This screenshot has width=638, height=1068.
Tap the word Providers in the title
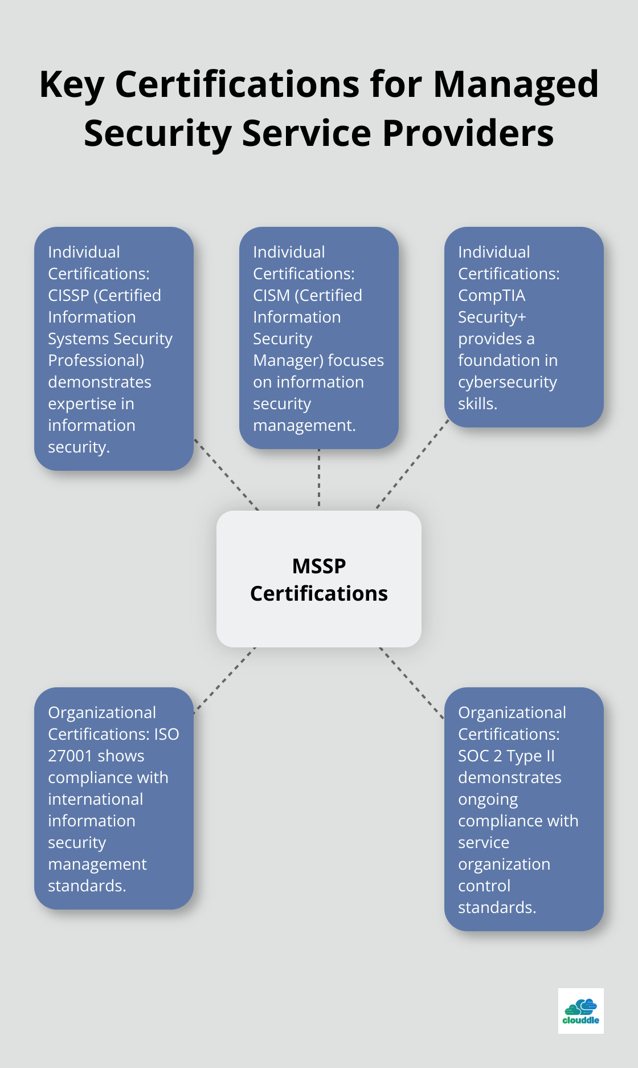pyautogui.click(x=468, y=134)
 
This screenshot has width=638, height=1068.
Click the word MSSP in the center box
pyautogui.click(x=319, y=566)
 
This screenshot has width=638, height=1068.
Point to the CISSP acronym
pyautogui.click(x=68, y=295)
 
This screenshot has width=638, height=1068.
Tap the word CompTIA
pyautogui.click(x=492, y=295)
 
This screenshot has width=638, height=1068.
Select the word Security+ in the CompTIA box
pyautogui.click(x=492, y=317)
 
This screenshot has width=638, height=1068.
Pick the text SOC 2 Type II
pyautogui.click(x=506, y=756)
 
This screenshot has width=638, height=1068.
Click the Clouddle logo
pyautogui.click(x=580, y=1011)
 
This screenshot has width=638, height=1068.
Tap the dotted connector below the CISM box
pyautogui.click(x=319, y=479)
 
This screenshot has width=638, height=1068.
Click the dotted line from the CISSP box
pyautogui.click(x=226, y=474)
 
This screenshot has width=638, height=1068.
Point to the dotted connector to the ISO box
pyautogui.click(x=225, y=679)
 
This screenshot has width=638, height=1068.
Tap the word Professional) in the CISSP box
pyautogui.click(x=96, y=360)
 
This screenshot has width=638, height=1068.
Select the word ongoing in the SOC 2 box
pyautogui.click(x=488, y=799)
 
